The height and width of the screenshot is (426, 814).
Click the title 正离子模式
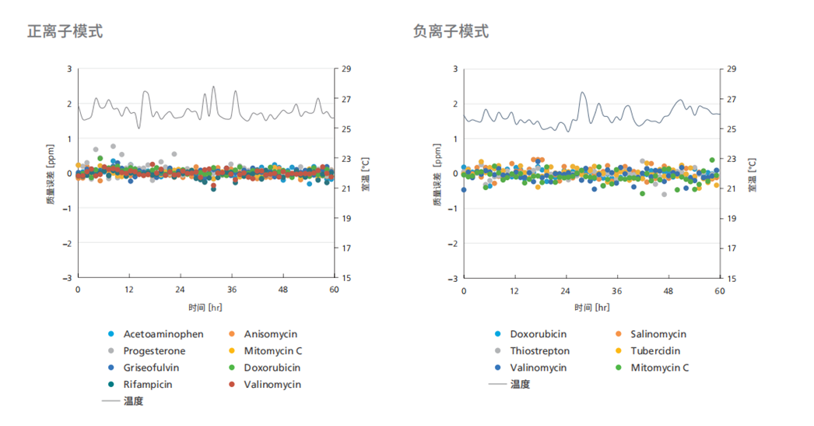click(65, 32)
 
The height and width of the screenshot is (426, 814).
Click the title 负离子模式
click(451, 32)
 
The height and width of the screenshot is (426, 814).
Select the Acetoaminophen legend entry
click(163, 334)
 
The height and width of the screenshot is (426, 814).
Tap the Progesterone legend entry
click(154, 351)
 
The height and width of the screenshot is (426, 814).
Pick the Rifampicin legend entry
click(148, 385)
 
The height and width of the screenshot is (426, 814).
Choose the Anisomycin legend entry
click(270, 334)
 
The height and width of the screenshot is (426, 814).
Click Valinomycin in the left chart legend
click(272, 385)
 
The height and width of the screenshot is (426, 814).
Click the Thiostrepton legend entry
click(539, 351)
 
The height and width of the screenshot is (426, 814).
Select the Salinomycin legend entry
click(658, 334)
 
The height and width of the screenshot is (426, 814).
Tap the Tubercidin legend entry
click(657, 351)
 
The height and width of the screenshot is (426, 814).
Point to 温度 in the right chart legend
click(520, 385)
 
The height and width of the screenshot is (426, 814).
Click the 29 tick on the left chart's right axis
click(346, 69)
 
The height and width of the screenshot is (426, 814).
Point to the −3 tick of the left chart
click(66, 278)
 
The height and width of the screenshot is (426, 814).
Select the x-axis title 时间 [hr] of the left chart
click(205, 307)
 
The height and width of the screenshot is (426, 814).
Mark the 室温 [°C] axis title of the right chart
click(752, 174)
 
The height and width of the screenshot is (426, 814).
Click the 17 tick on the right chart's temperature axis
click(732, 248)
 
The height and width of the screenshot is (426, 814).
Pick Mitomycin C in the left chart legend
click(272, 351)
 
